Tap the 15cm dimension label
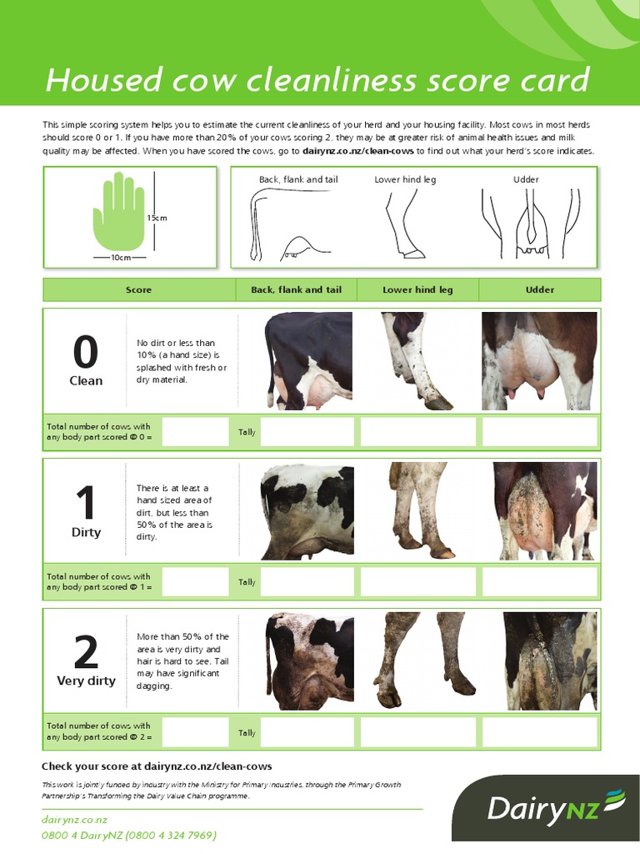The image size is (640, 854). coord(157,218)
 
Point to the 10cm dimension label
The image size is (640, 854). coord(121,258)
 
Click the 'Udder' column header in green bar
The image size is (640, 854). coord(539,290)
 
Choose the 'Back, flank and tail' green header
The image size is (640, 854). coord(296,290)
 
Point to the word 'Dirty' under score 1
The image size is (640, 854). coord(86,532)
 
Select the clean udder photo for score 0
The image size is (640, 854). coord(539,361)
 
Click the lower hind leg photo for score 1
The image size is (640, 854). coord(417,510)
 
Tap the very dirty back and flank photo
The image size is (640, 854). coord(309,661)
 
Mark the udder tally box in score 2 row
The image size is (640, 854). coord(539,732)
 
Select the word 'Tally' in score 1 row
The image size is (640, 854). coord(247,582)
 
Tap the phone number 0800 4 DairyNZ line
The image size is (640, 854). coord(129,835)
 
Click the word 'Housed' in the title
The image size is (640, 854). coord(93,81)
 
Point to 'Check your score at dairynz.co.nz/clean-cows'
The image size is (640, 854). coord(157,766)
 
